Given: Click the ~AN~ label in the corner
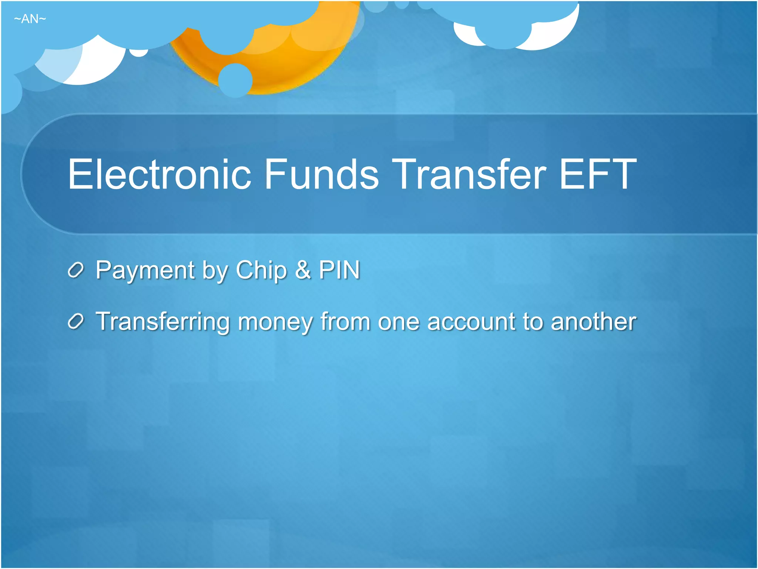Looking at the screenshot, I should click(x=30, y=19).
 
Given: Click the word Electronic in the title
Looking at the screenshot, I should click(x=160, y=174).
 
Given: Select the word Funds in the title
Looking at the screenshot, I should click(x=321, y=174).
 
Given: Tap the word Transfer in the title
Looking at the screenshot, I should click(x=469, y=174).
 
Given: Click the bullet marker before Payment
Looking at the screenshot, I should click(x=76, y=270).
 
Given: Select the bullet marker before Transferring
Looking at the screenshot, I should click(x=76, y=322).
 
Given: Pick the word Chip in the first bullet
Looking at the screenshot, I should click(x=261, y=270).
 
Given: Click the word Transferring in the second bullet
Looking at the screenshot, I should click(x=163, y=322).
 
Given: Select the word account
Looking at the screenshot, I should click(x=471, y=322).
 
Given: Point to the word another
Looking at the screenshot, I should click(x=593, y=322).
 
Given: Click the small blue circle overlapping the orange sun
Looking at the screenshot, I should click(x=235, y=80).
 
